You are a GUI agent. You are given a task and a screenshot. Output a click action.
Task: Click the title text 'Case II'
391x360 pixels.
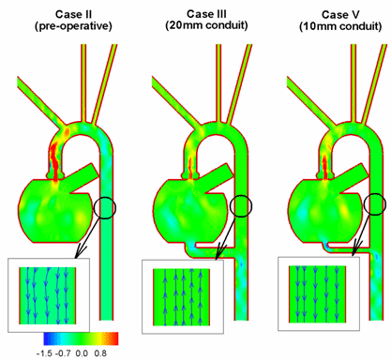(73, 14)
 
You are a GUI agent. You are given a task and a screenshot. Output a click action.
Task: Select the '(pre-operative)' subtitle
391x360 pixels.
(73, 26)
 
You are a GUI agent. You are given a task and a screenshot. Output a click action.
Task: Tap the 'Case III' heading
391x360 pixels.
(206, 14)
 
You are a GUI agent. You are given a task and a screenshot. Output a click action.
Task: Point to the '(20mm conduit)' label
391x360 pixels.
(206, 25)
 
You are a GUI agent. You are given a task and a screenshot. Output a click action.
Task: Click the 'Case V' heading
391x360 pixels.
(340, 14)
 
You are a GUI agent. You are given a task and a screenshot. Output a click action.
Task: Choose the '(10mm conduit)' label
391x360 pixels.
(340, 26)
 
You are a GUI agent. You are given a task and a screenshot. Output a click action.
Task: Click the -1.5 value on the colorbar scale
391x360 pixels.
(45, 353)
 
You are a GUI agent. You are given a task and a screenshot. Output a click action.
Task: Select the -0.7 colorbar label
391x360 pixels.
(63, 353)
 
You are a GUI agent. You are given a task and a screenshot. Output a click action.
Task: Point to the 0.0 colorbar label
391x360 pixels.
(82, 353)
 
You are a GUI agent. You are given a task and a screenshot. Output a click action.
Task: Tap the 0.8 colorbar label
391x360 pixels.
(100, 353)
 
